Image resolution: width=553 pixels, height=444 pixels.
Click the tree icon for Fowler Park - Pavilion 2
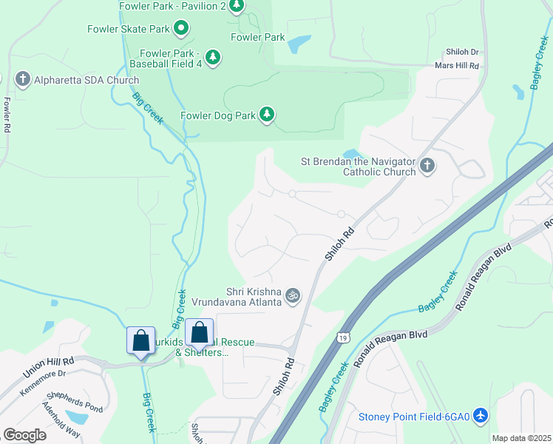coord(236,7)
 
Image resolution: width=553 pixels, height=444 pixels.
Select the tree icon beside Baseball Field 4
coord(213,58)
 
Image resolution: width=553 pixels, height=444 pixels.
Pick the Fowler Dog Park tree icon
coord(266,115)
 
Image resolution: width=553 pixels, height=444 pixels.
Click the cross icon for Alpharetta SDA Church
coord(23,79)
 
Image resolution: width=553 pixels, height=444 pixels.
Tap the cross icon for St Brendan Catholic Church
coord(427,166)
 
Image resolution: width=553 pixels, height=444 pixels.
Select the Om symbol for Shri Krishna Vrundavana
coord(293,295)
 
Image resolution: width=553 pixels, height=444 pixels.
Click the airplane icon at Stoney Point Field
coord(481,416)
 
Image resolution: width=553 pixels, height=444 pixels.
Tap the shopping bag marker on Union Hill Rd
coord(140,341)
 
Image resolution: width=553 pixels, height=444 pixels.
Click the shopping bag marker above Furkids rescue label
coord(199,333)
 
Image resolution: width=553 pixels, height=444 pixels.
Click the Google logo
coord(24,434)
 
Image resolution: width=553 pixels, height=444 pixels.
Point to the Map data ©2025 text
coord(521,438)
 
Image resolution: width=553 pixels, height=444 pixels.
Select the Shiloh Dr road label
coord(462,53)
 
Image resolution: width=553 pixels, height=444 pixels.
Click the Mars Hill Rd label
coord(458,66)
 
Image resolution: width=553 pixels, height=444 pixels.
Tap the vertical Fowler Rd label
coord(7,115)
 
